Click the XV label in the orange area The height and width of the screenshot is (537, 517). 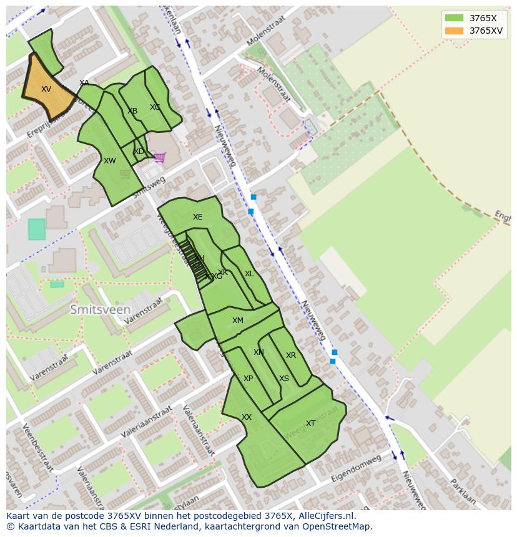pos(46,89)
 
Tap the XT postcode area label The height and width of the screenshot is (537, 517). pos(310,423)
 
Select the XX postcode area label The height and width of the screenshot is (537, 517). pos(247,417)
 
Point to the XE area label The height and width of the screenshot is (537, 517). pos(197,217)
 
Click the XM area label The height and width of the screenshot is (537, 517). pos(238,321)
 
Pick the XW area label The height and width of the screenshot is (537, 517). pos(110,161)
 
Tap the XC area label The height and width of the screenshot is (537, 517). pos(155,107)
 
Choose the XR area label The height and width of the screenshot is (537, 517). pos(291,356)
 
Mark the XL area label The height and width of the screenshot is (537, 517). pos(249,274)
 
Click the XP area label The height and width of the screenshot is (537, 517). pos(248,379)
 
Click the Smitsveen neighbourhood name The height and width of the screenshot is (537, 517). pos(101,309)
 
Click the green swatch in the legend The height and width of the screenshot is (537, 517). pos(454,18)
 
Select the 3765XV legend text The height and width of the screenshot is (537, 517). pos(487,31)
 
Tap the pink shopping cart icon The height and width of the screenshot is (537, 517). pos(160,157)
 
